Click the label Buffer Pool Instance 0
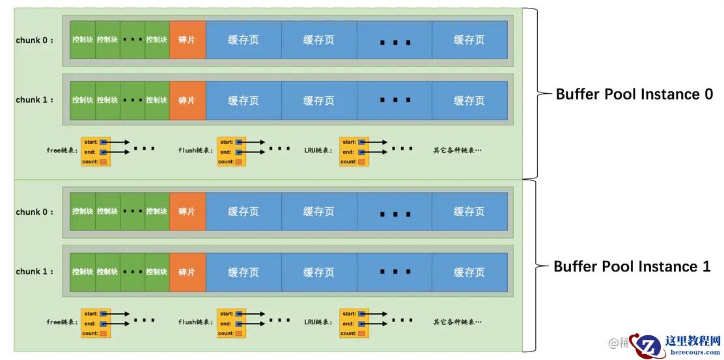(x=633, y=94)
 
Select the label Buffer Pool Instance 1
(x=632, y=267)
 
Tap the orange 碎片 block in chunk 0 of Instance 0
(x=187, y=40)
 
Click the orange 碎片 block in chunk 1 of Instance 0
(x=187, y=100)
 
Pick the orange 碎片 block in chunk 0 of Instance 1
(x=187, y=212)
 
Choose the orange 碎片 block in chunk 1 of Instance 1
(x=187, y=272)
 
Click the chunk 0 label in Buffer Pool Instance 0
(x=35, y=40)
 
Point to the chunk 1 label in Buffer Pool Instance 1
(x=35, y=272)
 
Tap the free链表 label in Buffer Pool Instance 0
(x=63, y=150)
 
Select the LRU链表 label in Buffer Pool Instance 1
(x=318, y=322)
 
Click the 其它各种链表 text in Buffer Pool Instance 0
(x=457, y=150)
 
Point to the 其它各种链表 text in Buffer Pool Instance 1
(x=457, y=322)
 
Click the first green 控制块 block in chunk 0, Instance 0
(x=83, y=40)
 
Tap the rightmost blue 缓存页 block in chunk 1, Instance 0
(x=469, y=100)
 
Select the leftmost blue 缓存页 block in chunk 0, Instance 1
(x=244, y=212)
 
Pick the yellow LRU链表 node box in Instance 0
(x=354, y=152)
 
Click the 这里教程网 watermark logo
(x=677, y=344)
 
